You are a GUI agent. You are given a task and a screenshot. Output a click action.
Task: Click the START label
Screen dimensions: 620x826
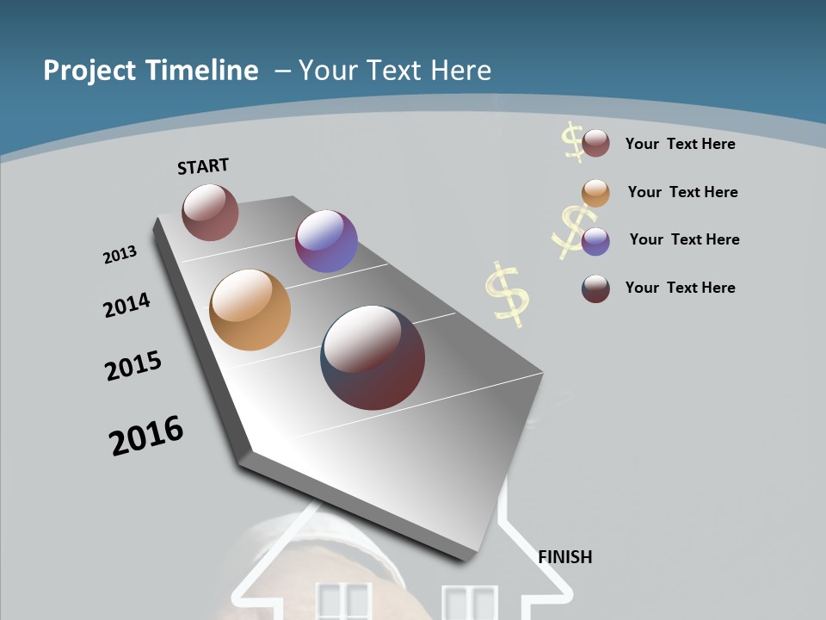(203, 166)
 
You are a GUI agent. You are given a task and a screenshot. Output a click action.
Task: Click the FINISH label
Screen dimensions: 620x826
(565, 557)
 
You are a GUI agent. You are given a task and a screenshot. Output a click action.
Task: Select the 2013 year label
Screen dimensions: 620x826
(120, 255)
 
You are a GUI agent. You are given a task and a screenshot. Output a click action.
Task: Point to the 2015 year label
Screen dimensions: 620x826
(133, 366)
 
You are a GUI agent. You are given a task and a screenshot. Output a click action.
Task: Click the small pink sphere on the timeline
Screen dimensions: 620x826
(210, 212)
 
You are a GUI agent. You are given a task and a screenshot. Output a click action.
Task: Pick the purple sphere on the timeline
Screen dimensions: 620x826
(326, 241)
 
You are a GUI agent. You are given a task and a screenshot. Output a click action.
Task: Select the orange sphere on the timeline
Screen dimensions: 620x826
(250, 310)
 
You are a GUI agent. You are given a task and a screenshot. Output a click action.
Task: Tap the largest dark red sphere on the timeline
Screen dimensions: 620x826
(373, 357)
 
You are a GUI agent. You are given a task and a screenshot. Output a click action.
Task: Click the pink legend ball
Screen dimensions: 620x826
(595, 144)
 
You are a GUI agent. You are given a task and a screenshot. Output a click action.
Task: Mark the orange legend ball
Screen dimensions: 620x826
(595, 193)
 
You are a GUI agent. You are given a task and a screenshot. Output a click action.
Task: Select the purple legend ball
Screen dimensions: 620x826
(595, 241)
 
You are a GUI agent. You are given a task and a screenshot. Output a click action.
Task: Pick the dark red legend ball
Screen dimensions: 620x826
(595, 288)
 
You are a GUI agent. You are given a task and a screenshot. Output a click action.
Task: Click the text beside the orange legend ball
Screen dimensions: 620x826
(682, 192)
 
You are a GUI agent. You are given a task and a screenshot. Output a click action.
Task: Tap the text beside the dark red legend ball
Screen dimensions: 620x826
(680, 288)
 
